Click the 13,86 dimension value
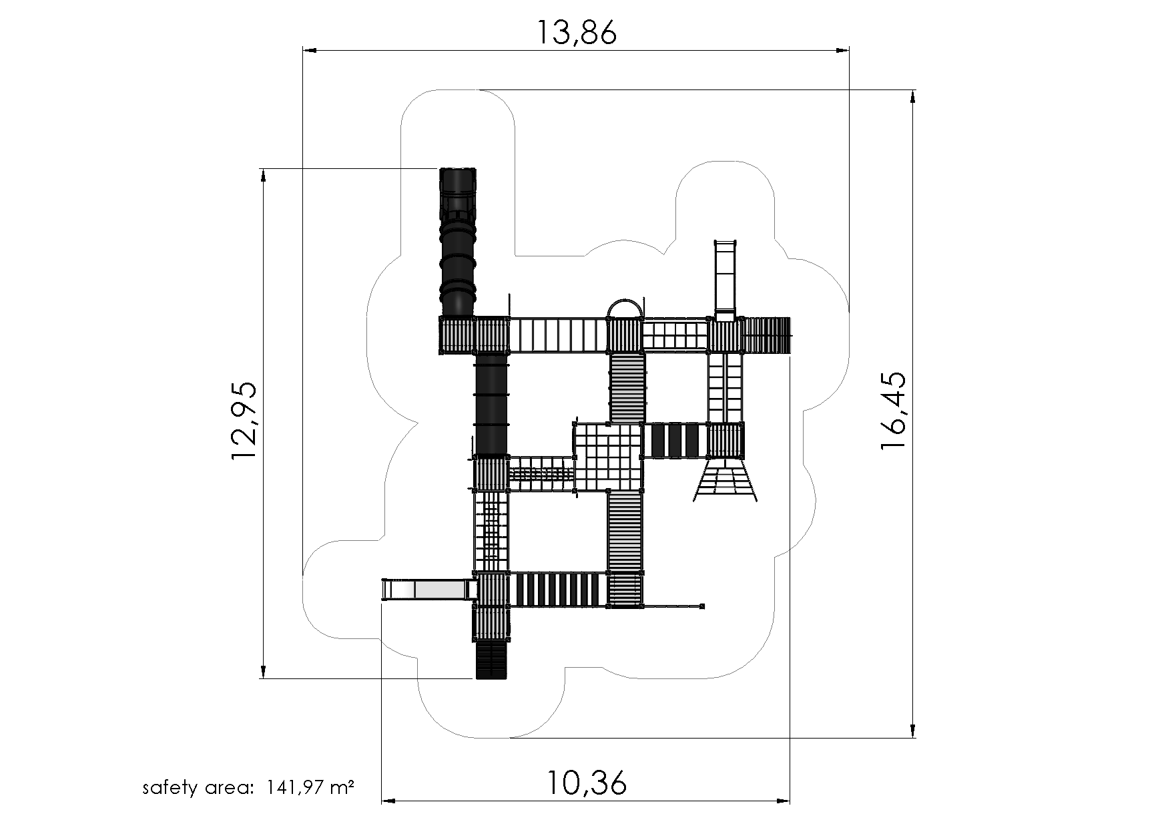pyautogui.click(x=577, y=32)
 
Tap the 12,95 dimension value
pyautogui.click(x=244, y=420)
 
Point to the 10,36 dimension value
pyautogui.click(x=587, y=783)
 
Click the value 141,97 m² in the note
pyautogui.click(x=310, y=787)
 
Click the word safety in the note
pyautogui.click(x=170, y=788)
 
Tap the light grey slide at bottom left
pyautogui.click(x=429, y=590)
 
